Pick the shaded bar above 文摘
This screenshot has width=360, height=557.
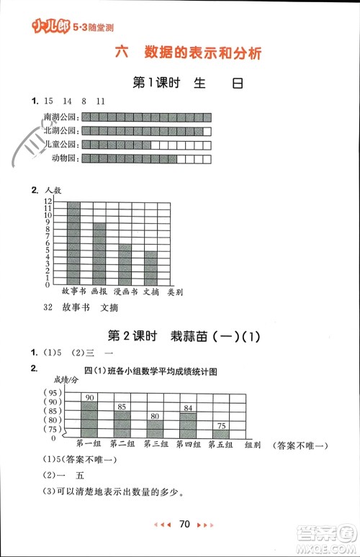point(150,268)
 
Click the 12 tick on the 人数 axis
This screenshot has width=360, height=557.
point(48,201)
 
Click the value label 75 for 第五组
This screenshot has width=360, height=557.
point(220,425)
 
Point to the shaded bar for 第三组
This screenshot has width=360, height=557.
point(155,430)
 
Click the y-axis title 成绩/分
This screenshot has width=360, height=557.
point(66,379)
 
